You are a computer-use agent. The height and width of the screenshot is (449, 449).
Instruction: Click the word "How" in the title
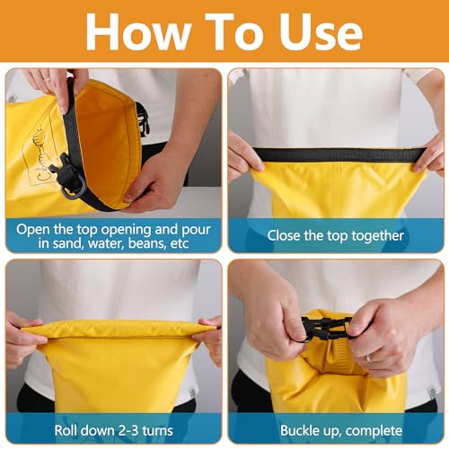[x=138, y=31]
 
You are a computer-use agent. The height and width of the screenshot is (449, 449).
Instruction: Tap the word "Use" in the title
[x=321, y=31]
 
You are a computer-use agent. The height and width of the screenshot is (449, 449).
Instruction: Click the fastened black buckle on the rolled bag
[x=328, y=329]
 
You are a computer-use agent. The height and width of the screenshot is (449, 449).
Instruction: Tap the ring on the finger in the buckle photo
[x=369, y=357]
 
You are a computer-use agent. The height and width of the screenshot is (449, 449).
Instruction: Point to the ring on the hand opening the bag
[x=47, y=79]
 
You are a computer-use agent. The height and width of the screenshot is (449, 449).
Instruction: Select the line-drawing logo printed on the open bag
[x=42, y=156]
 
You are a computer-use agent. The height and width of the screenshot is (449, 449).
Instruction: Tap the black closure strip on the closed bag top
[x=339, y=155]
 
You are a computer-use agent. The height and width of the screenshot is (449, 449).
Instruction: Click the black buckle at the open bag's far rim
[x=143, y=119]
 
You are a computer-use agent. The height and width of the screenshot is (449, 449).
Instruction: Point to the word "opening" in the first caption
[x=126, y=230]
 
